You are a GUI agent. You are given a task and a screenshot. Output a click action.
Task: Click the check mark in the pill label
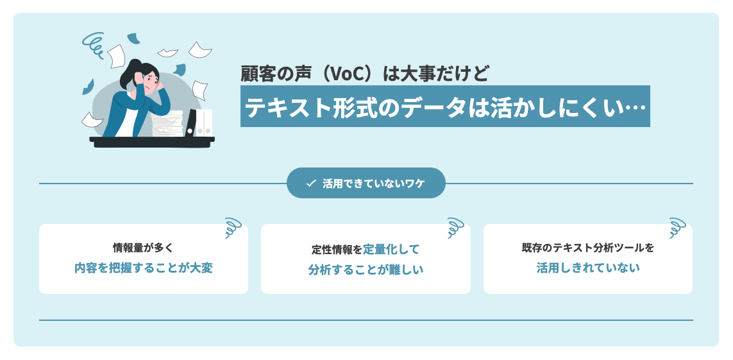click(x=311, y=184)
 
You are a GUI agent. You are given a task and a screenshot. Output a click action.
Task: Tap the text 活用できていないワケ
click(x=373, y=184)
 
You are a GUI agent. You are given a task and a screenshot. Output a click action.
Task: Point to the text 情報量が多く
click(x=143, y=247)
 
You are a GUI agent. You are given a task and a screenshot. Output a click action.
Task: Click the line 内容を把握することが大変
click(x=143, y=268)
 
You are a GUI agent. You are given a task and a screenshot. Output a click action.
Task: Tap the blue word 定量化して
click(x=391, y=249)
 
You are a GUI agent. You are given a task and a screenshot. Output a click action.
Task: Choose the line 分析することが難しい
click(x=366, y=270)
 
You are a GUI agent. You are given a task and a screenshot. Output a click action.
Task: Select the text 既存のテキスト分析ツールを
click(x=587, y=247)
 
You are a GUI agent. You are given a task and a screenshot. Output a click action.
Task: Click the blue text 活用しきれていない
click(x=587, y=268)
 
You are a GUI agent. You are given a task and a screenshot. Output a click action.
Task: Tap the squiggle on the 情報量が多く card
click(x=233, y=228)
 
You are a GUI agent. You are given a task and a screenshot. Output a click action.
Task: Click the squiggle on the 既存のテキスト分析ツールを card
click(x=677, y=228)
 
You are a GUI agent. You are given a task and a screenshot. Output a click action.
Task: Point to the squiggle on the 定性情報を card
click(x=455, y=228)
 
